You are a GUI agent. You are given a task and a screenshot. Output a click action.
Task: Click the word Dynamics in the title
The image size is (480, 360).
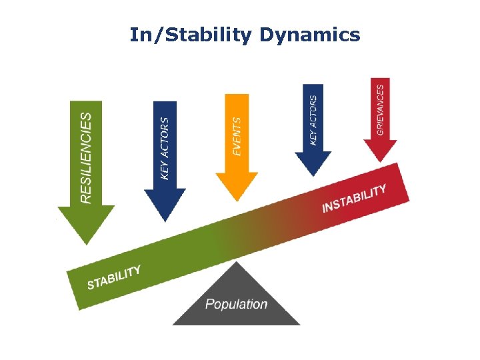click(x=310, y=35)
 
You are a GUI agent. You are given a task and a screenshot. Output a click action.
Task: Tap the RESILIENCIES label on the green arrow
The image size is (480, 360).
click(x=86, y=157)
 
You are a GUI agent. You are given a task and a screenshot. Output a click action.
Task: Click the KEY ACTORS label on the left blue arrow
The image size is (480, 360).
click(x=165, y=147)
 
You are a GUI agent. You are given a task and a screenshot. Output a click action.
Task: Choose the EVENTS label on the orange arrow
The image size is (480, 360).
click(x=237, y=137)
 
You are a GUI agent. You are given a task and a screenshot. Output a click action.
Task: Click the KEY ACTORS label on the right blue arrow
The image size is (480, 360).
click(x=313, y=120)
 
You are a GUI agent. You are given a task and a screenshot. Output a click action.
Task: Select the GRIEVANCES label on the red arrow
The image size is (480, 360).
click(x=380, y=110)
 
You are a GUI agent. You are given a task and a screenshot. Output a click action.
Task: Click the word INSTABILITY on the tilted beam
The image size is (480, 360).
click(x=354, y=199)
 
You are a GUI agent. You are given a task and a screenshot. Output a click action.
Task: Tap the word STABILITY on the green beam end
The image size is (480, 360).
click(x=114, y=277)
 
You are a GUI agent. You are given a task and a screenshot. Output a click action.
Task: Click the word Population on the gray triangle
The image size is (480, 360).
click(x=236, y=305)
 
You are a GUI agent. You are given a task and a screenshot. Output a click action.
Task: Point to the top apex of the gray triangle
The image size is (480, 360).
click(x=236, y=262)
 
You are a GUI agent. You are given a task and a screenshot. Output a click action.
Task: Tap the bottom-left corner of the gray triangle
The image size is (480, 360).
click(x=174, y=324)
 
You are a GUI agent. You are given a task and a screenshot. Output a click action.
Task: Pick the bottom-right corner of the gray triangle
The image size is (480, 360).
click(x=299, y=324)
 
